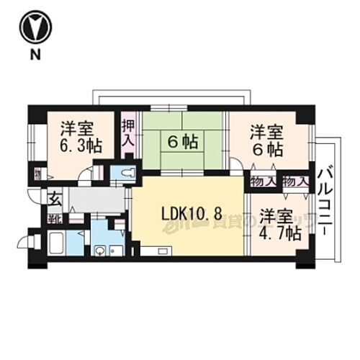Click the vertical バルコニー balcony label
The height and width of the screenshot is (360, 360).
point(325,202)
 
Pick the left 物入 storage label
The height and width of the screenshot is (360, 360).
point(264,181)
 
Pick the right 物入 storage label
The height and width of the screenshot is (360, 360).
point(295,181)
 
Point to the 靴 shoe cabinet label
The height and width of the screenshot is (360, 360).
point(54,217)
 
